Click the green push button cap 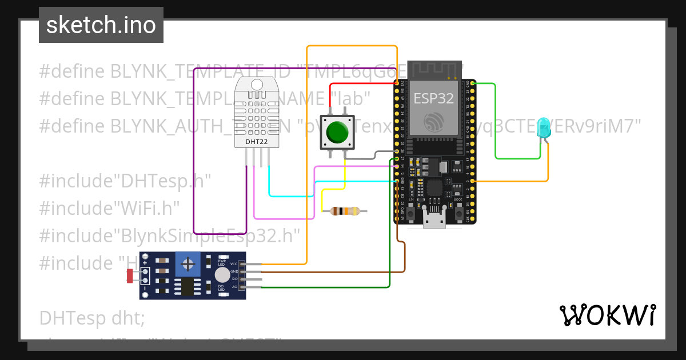point(337,132)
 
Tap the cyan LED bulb point(544,126)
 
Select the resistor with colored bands point(345,211)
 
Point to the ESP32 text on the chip point(433,98)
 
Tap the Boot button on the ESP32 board point(458,214)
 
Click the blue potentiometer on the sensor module point(187,264)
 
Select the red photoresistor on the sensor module point(130,276)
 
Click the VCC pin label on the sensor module point(234,264)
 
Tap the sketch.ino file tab point(101,25)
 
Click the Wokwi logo point(607,315)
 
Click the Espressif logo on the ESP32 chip point(433,121)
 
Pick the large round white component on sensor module point(222,275)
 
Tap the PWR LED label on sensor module point(222,262)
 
